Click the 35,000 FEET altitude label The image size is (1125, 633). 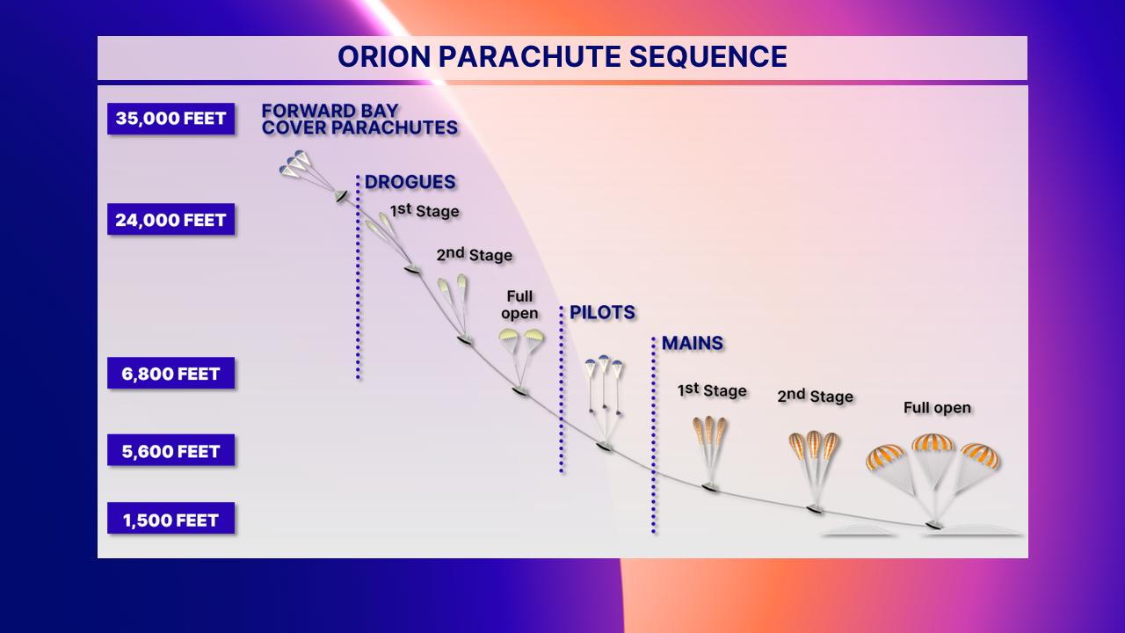point(171,119)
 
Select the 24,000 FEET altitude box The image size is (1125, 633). point(171,220)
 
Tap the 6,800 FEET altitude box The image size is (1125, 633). point(171,374)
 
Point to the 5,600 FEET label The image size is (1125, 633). point(171,451)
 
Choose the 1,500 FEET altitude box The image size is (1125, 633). point(171,519)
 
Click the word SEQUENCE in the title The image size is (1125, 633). point(708,56)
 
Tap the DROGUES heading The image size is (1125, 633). point(410,182)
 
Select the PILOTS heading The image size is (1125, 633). point(602,312)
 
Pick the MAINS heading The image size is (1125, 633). point(693,343)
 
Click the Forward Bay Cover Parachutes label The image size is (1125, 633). point(359,119)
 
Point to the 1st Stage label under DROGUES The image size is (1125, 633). point(425,210)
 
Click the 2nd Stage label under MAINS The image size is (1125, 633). point(815,396)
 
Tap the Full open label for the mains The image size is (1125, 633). point(937,407)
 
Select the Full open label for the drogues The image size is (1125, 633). point(519,304)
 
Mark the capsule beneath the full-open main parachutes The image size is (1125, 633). point(934,526)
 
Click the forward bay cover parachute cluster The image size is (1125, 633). point(295,164)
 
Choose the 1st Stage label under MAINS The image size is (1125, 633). point(712,390)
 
